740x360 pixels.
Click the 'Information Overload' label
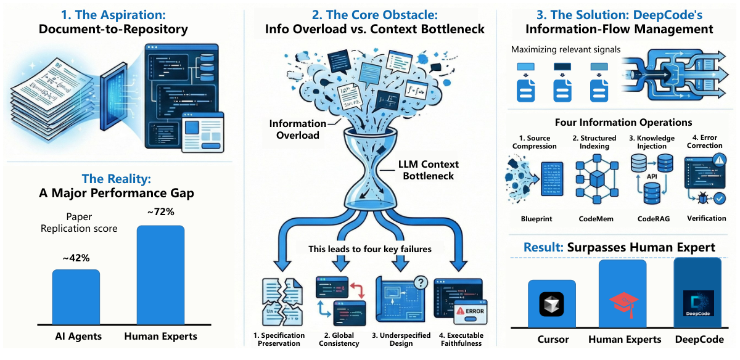tap(298, 129)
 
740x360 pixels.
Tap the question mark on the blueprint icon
tap(421, 283)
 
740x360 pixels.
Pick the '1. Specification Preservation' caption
tap(279, 340)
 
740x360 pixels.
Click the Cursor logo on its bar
tap(551, 305)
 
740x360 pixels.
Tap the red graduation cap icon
tap(623, 304)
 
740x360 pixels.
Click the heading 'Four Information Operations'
tap(623, 122)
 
